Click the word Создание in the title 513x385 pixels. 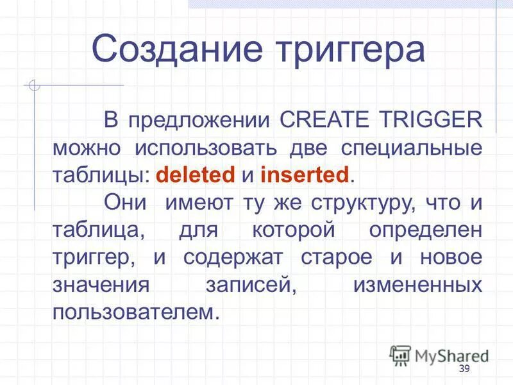coord(169,49)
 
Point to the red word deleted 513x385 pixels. coord(196,174)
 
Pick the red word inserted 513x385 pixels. coord(305,174)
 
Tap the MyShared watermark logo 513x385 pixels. coord(440,355)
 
